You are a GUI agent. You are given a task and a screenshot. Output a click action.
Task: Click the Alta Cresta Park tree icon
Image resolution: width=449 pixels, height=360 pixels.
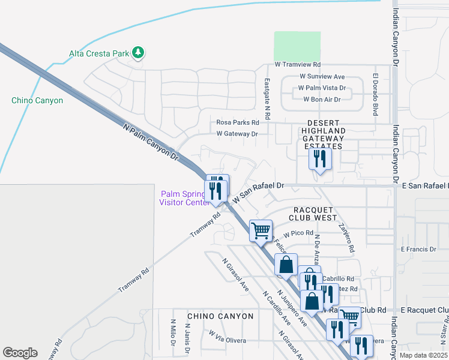(x=139, y=53)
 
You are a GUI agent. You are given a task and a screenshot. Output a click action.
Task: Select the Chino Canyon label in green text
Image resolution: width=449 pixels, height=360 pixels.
(x=37, y=100)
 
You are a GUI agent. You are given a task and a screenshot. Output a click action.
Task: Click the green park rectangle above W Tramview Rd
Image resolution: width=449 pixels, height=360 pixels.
(x=297, y=46)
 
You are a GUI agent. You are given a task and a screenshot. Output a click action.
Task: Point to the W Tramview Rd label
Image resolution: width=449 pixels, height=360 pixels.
(x=298, y=64)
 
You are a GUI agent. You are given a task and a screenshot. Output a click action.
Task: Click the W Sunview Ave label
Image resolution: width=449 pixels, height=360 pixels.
(x=322, y=77)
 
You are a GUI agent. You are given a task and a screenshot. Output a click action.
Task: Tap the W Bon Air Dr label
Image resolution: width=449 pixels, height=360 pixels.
(x=322, y=99)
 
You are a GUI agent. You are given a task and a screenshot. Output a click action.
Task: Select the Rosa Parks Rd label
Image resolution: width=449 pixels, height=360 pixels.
(x=237, y=122)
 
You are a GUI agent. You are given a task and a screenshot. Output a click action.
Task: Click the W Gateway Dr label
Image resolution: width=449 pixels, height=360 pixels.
(x=237, y=134)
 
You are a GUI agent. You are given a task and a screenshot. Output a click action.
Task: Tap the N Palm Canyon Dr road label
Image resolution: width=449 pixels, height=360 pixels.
(x=151, y=142)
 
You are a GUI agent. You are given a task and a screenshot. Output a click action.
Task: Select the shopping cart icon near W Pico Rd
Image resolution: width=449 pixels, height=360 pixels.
(x=261, y=230)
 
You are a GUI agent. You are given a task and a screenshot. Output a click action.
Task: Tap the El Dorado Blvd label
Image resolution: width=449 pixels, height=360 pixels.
(x=375, y=94)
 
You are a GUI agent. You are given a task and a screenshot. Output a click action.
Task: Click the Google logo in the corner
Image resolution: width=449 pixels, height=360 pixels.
(x=20, y=352)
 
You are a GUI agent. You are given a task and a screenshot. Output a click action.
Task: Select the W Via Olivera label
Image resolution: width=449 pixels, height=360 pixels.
(x=228, y=337)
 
